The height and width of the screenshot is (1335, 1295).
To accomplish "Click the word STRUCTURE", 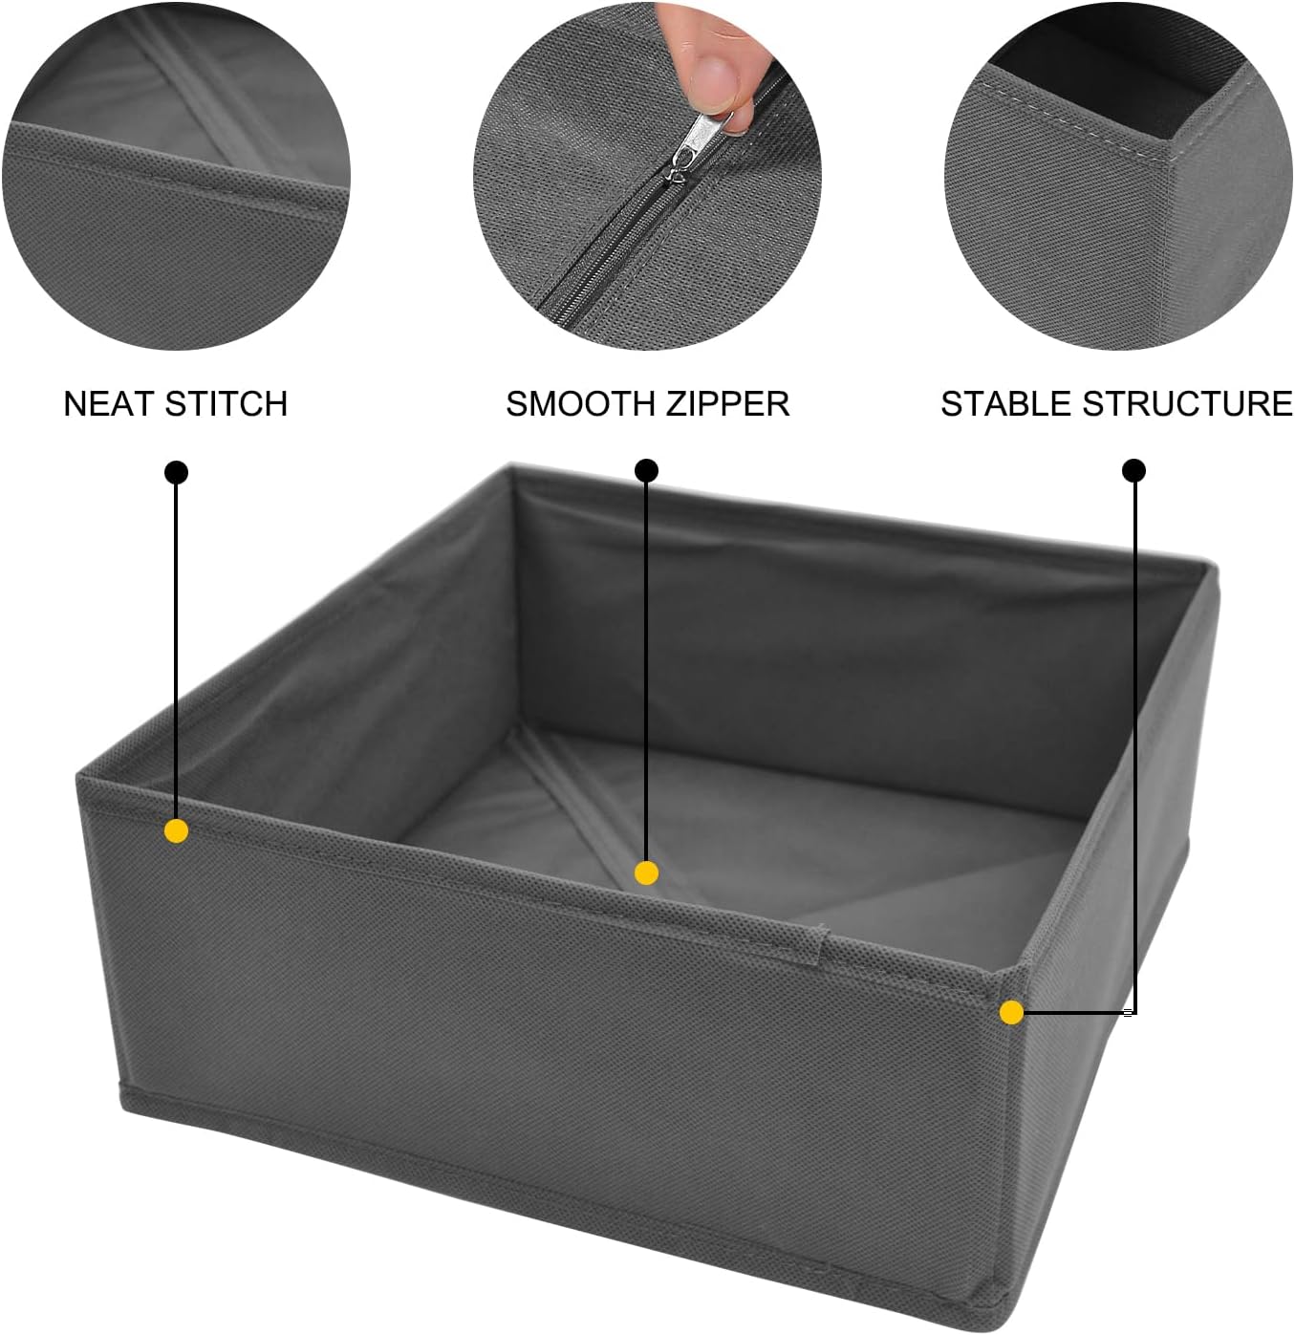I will point(1188,403).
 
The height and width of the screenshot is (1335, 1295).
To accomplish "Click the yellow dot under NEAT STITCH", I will point(176,830).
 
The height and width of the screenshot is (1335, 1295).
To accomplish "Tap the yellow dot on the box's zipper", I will point(646,872).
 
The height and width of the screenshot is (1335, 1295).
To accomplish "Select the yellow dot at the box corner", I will point(1011,1012).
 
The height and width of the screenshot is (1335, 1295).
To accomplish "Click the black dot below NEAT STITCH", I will point(176,472).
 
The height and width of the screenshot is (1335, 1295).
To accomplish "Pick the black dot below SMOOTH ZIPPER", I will point(647,470).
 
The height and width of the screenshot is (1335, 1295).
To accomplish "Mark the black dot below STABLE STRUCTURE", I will point(1134,470).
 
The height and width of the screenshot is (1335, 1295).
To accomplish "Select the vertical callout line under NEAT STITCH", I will point(176,650).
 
